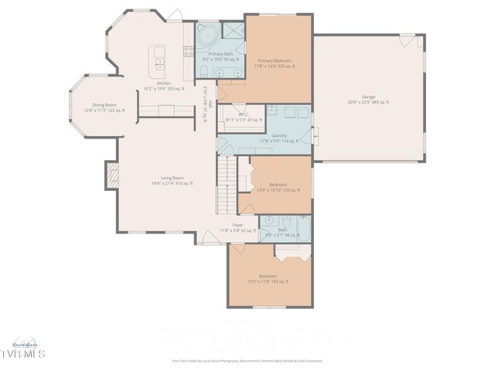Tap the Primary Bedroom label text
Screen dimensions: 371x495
pyautogui.click(x=275, y=64)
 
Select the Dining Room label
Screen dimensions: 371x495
pyautogui.click(x=104, y=107)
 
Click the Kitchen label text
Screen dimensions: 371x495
pyautogui.click(x=164, y=86)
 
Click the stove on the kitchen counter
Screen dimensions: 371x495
pyautogui.click(x=187, y=52)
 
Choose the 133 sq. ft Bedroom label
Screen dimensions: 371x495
pyautogui.click(x=278, y=186)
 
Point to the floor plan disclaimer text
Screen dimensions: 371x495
pyautogui.click(x=247, y=360)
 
